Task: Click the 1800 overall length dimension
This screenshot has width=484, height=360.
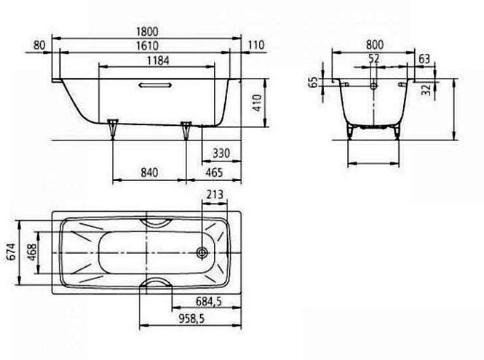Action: (147, 31)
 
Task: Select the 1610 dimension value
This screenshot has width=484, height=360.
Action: (147, 46)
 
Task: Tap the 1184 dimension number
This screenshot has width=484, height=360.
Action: (158, 60)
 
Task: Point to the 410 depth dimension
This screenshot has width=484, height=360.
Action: (257, 103)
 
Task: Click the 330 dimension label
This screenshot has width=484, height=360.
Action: (221, 153)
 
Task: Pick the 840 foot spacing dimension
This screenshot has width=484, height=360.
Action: (149, 172)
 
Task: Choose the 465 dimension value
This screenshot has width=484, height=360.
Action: (214, 172)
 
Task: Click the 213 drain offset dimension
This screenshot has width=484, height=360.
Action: (215, 194)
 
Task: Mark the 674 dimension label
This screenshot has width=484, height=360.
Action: (11, 252)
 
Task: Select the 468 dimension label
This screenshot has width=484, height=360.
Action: (32, 252)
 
